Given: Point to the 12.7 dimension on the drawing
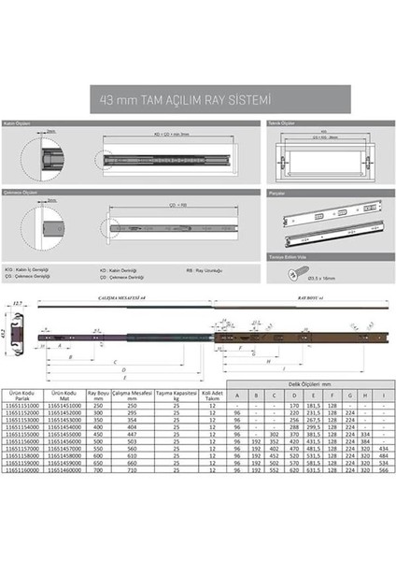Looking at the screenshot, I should (19, 304).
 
